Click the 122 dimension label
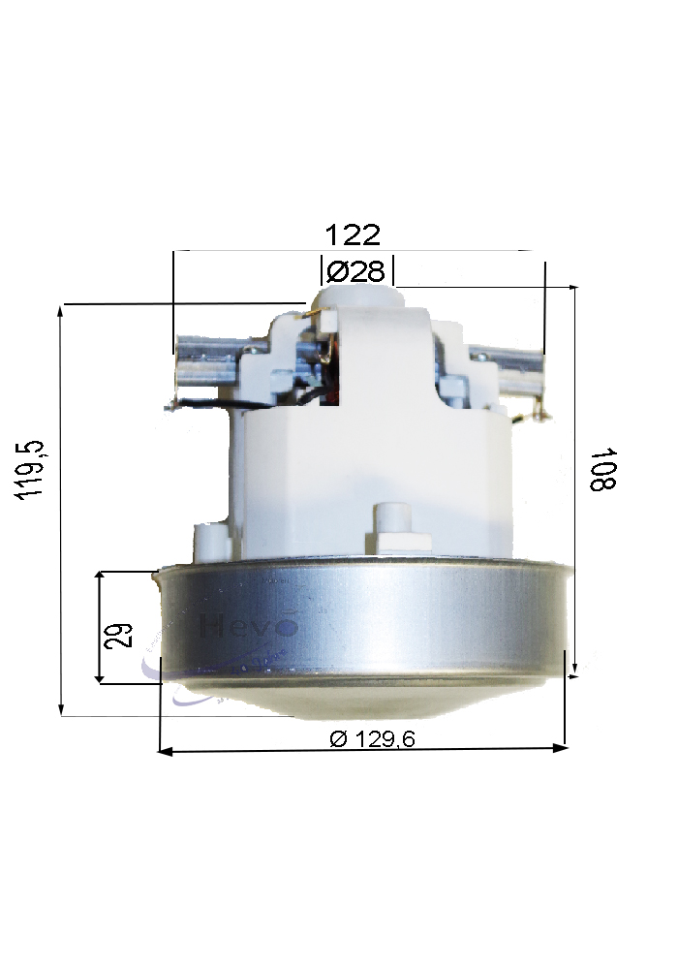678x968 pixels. click(353, 235)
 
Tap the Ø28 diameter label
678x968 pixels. click(358, 271)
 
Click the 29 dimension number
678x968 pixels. click(121, 635)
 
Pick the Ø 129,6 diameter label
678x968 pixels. click(372, 738)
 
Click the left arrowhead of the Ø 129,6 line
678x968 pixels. click(164, 750)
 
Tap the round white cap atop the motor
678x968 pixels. click(357, 291)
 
